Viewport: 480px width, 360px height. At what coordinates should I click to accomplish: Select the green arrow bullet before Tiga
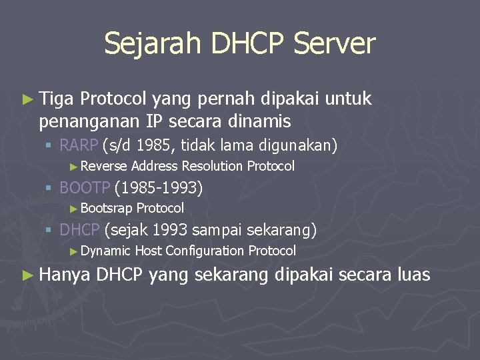(27, 100)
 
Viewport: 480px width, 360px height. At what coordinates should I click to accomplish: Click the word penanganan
(89, 121)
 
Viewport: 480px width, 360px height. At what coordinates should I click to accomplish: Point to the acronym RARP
(79, 145)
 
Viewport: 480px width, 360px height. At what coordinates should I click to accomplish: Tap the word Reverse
(105, 166)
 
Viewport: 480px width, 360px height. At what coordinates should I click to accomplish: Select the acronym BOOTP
(85, 188)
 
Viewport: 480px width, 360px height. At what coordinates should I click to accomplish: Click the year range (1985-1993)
(159, 188)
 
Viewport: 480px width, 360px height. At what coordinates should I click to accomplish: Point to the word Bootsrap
(107, 208)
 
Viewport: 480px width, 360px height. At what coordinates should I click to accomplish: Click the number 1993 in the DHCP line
(173, 231)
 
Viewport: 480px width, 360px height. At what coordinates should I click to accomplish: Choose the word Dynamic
(106, 251)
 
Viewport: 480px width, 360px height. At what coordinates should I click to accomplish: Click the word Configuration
(205, 251)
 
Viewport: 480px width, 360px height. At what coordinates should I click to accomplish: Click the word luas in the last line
(413, 274)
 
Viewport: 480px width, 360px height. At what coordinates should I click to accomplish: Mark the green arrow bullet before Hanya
(27, 274)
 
